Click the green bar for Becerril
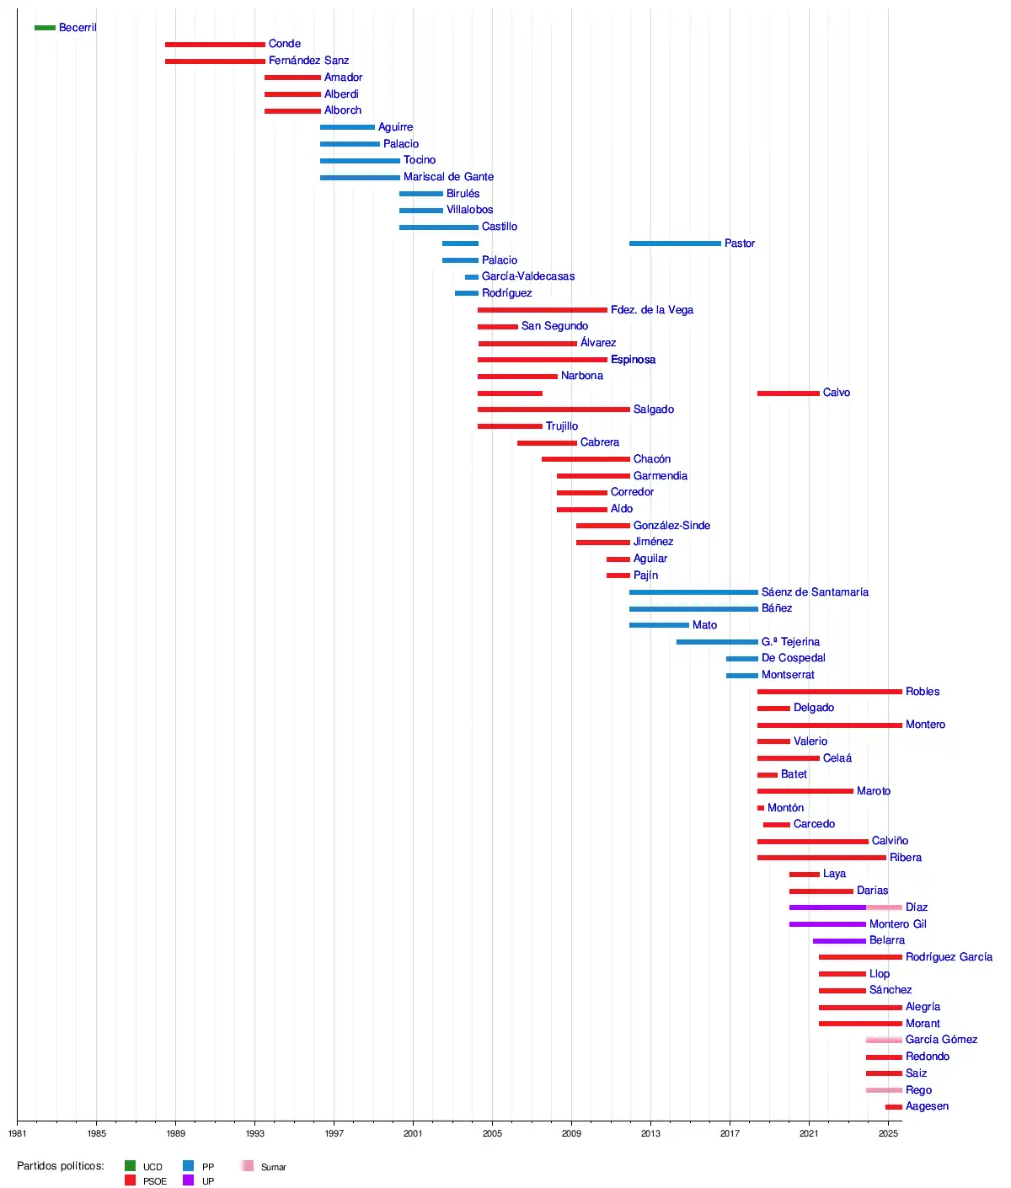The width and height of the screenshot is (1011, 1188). tap(45, 28)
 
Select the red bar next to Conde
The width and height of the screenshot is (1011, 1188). tap(215, 44)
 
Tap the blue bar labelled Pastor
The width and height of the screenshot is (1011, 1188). tap(675, 243)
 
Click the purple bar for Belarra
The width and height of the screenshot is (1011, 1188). tap(839, 940)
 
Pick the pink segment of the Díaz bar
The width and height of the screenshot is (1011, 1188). tap(884, 907)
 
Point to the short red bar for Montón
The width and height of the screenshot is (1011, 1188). tap(761, 808)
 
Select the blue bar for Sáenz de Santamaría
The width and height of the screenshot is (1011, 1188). tap(693, 592)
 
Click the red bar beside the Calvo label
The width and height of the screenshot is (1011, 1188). tap(788, 393)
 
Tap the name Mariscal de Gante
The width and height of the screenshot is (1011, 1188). tap(448, 177)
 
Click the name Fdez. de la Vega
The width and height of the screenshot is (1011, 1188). tap(652, 310)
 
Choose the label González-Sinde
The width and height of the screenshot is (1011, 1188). tap(671, 526)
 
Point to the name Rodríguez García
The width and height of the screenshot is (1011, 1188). tap(949, 957)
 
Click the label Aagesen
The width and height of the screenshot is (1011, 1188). tap(927, 1106)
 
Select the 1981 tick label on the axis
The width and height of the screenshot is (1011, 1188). tap(17, 1133)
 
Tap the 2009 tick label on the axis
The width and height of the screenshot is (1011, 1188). tap(571, 1133)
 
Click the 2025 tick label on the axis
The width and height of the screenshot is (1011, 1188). tap(888, 1133)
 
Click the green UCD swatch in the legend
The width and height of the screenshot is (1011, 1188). tap(130, 1166)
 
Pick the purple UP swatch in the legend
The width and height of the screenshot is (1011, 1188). tap(188, 1180)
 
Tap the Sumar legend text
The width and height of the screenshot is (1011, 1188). tap(273, 1167)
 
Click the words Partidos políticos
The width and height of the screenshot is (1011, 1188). tap(61, 1166)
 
